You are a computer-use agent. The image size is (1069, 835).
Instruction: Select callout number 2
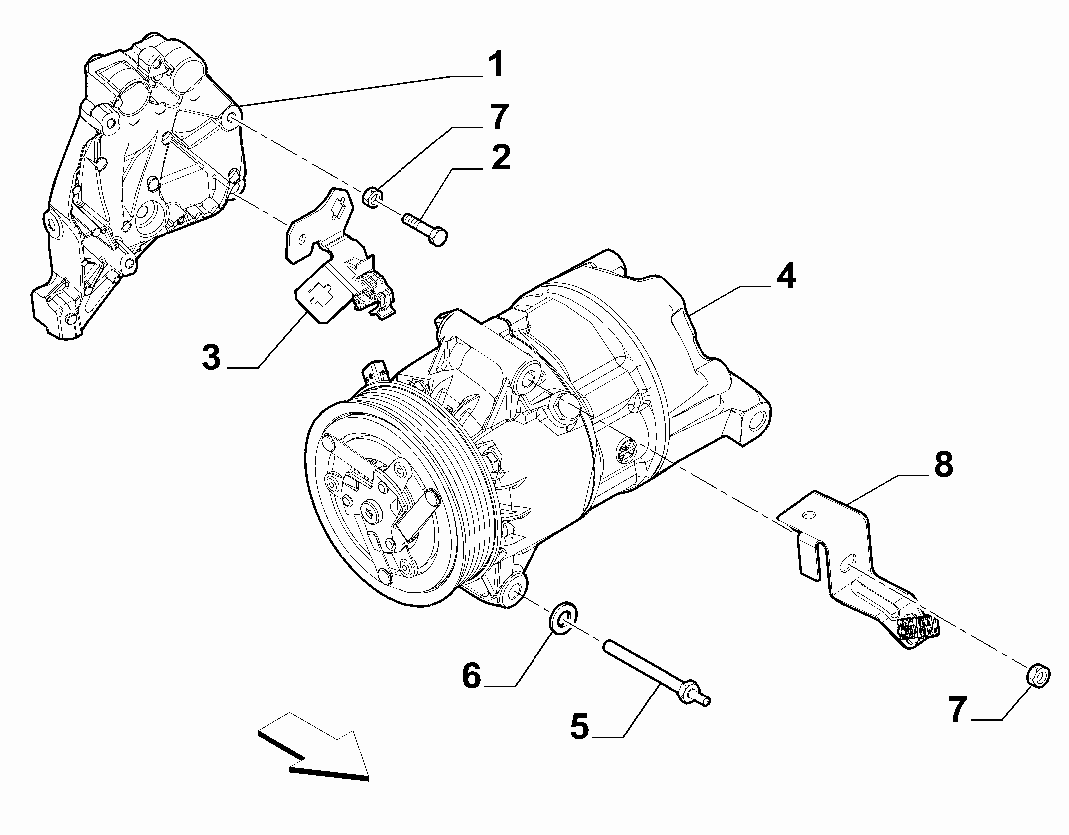point(500,158)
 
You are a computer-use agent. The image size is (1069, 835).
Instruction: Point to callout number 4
point(785,277)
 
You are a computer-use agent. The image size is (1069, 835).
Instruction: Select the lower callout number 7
point(958,709)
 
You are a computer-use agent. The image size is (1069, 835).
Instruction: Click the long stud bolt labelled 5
point(657,673)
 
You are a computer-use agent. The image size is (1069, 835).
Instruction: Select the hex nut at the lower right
point(1038,676)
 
